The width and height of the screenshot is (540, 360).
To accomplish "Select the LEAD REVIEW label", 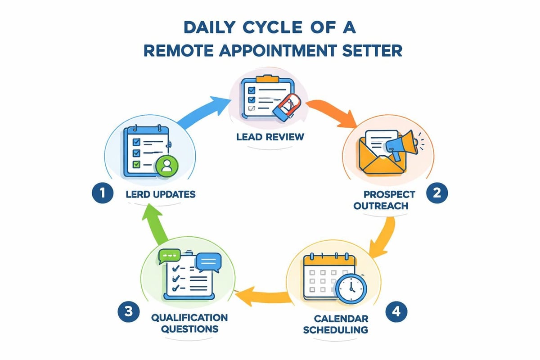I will click(x=270, y=136).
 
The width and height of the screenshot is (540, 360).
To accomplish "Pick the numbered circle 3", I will click(x=127, y=311).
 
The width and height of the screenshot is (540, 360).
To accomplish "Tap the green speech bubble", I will click(x=170, y=255).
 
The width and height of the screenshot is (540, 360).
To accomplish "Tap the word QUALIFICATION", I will click(x=189, y=318).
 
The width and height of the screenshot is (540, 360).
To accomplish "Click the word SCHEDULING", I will click(x=335, y=329).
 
